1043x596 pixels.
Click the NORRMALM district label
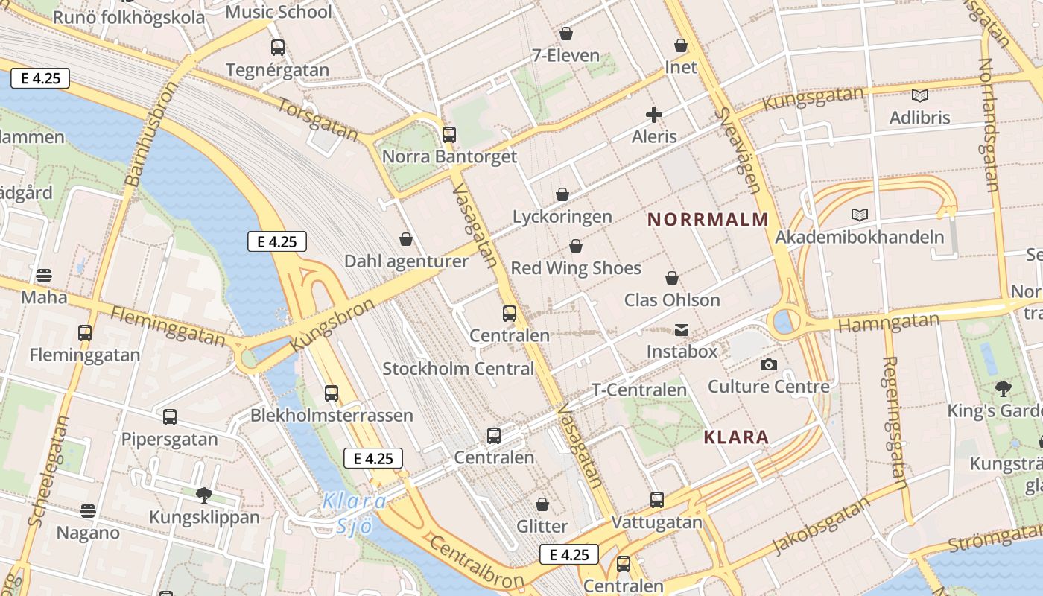click(708, 220)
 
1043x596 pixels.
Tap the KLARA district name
click(736, 437)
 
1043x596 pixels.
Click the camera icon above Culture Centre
click(768, 364)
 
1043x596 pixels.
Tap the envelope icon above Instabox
click(682, 329)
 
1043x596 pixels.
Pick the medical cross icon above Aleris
click(654, 115)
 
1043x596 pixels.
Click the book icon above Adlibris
click(920, 95)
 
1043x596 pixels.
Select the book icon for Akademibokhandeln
click(860, 215)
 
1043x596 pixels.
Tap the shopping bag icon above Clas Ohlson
click(672, 278)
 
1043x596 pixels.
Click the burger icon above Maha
click(44, 276)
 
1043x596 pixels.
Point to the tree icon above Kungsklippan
click(203, 495)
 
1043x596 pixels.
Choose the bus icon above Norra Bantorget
click(448, 135)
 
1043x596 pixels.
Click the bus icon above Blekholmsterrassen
click(332, 393)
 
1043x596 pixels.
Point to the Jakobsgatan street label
click(822, 526)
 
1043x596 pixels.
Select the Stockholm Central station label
click(458, 369)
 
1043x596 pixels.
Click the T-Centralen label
click(638, 390)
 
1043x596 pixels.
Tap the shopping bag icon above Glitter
click(542, 504)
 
